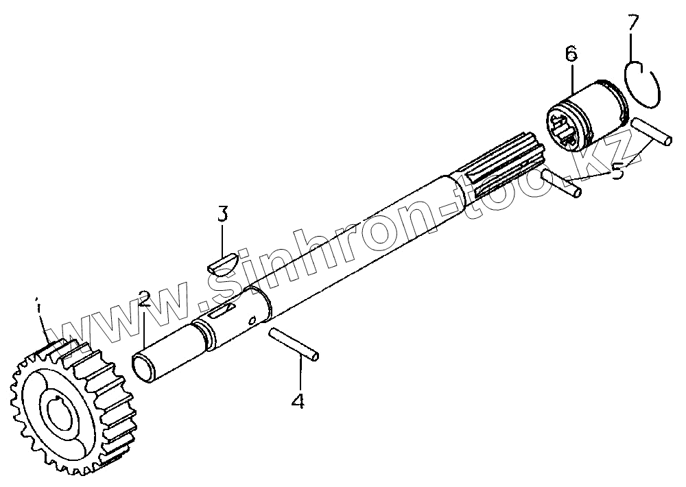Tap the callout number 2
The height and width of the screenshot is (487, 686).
point(144,298)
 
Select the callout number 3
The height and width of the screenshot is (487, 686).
point(222,214)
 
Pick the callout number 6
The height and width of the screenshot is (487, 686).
point(571,54)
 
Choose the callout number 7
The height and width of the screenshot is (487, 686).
point(633,22)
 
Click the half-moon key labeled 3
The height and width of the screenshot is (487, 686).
point(222,264)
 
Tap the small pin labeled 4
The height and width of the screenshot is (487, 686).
point(293,342)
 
